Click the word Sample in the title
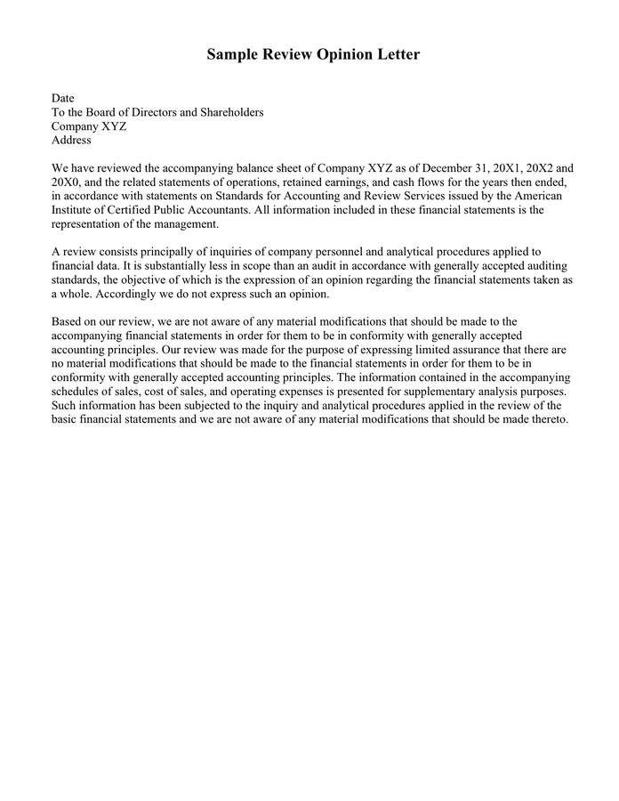click(x=234, y=55)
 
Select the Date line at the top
click(x=63, y=98)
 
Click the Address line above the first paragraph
click(x=71, y=140)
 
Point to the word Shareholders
click(x=229, y=112)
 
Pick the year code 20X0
click(x=67, y=182)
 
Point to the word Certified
click(x=131, y=210)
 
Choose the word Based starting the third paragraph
click(x=68, y=321)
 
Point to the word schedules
click(x=79, y=392)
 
